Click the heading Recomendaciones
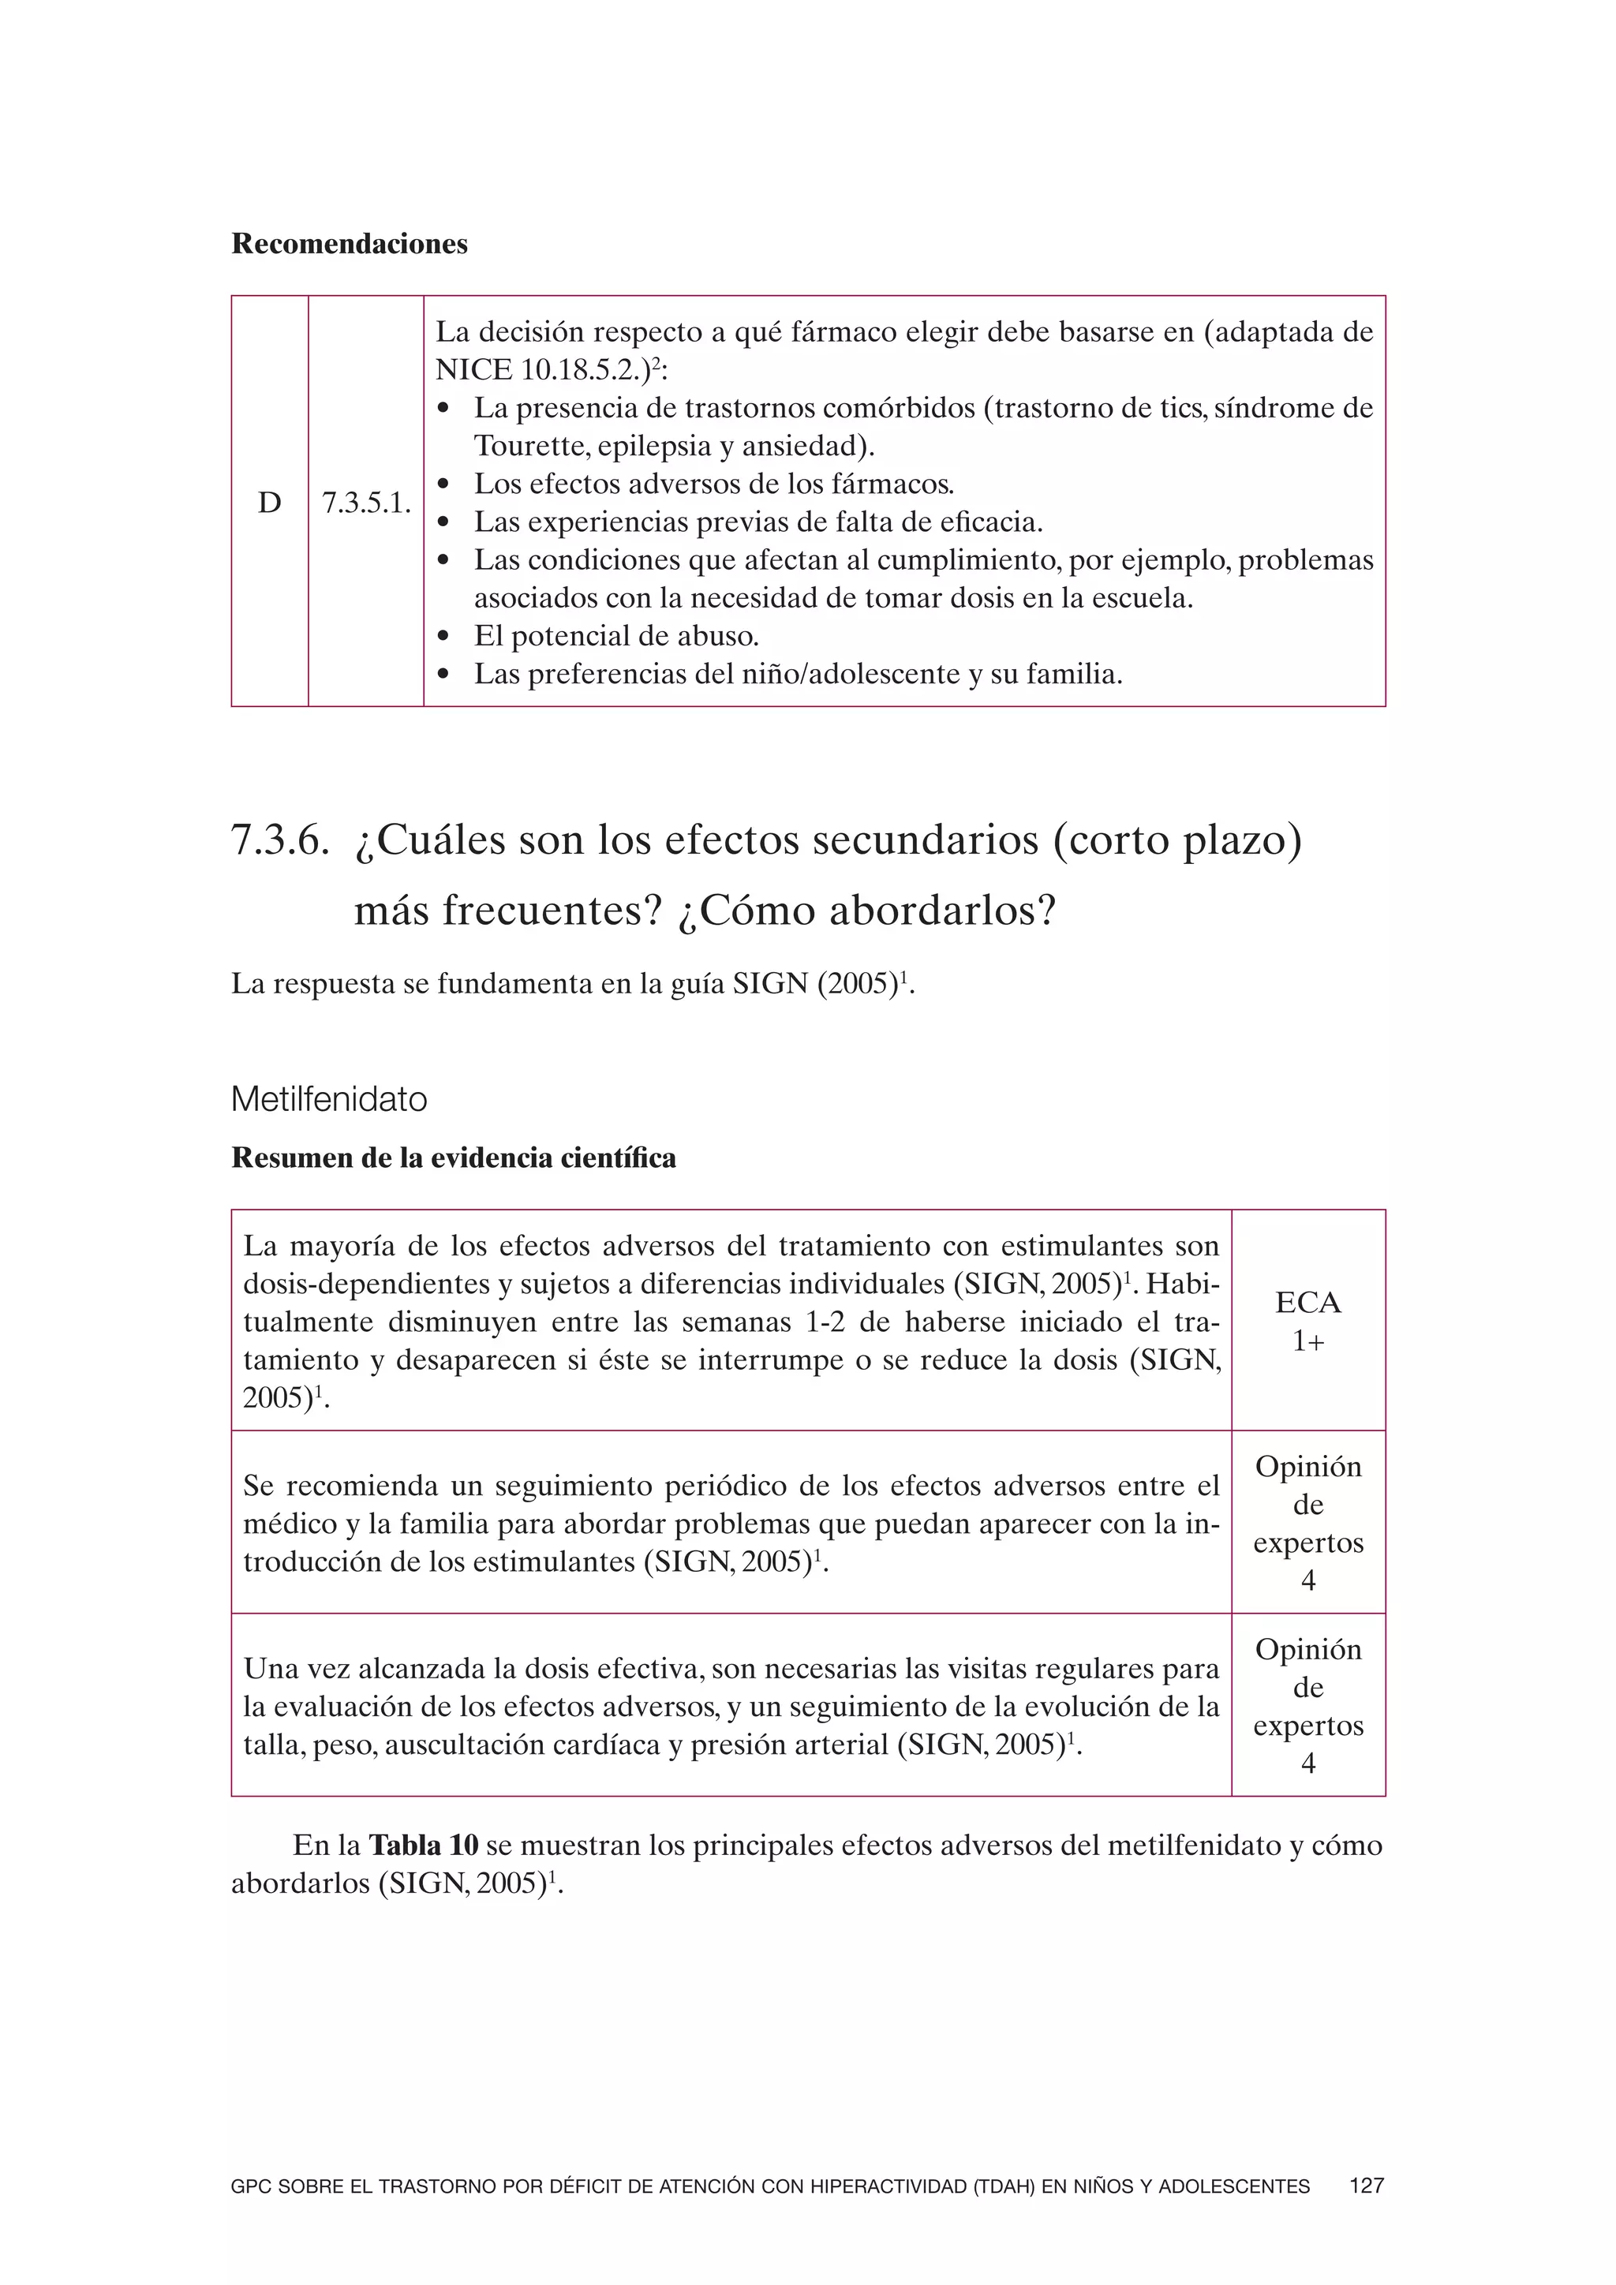point(350,244)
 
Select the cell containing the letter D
point(270,503)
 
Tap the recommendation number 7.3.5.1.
point(365,503)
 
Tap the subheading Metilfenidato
point(328,1099)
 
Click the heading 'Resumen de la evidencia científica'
point(453,1157)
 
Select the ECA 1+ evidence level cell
point(1307,1321)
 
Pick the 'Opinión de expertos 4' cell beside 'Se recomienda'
point(1307,1523)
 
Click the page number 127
point(1366,2186)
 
